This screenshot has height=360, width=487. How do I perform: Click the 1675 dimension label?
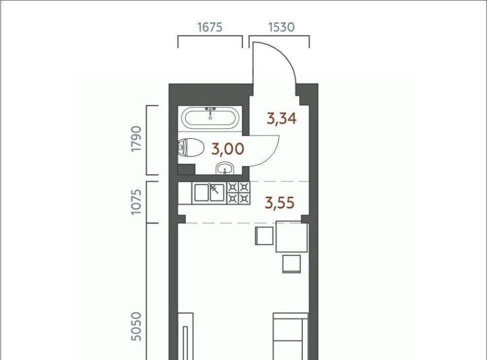[x=210, y=27]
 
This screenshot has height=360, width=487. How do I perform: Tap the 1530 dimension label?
[x=281, y=27]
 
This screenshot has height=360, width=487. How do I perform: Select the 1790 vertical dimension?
[x=136, y=138]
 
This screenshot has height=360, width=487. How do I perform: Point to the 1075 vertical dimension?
[x=136, y=201]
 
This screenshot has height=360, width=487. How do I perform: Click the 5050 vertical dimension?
[x=136, y=327]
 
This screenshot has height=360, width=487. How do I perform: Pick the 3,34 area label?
[x=282, y=118]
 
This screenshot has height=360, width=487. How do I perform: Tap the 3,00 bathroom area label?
[x=228, y=149]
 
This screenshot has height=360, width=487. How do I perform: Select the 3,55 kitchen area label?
[x=280, y=203]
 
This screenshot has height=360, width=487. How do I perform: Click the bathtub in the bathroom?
[x=210, y=118]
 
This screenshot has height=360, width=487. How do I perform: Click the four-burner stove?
[x=238, y=193]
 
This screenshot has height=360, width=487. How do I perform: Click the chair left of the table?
[x=264, y=236]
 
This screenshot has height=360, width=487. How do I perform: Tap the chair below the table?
[x=292, y=264]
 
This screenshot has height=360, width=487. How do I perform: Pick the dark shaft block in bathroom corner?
[x=186, y=169]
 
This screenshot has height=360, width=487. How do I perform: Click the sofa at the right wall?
[x=291, y=336]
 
